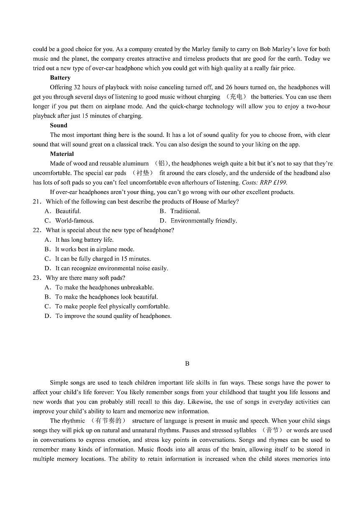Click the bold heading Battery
click(60, 77)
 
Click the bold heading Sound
click(59, 125)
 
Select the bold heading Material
click(62, 154)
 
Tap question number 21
click(37, 201)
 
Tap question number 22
click(37, 230)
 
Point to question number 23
click(37, 278)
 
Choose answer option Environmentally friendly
click(203, 221)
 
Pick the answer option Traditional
click(185, 211)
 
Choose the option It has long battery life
click(84, 240)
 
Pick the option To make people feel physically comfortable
click(112, 306)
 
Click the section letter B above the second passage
click(187, 364)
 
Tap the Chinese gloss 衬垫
click(143, 173)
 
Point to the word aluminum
click(135, 163)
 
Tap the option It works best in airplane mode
click(95, 249)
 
